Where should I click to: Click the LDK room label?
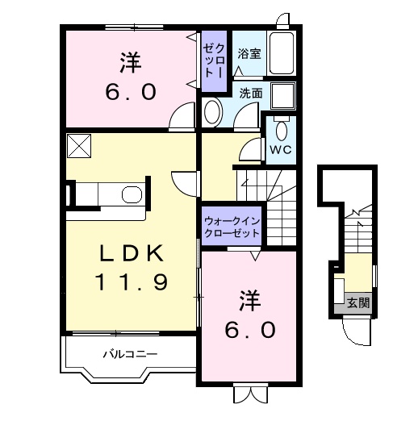(132, 253)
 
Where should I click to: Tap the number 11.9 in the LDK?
(132, 282)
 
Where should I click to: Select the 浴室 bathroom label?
(248, 54)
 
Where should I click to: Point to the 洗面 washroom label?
(250, 93)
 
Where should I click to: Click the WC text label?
(281, 151)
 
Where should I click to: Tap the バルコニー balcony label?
(129, 354)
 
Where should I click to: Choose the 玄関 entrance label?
(358, 303)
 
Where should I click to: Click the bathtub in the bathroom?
(282, 54)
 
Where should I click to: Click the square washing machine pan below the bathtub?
(282, 95)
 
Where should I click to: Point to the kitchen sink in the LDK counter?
(129, 194)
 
